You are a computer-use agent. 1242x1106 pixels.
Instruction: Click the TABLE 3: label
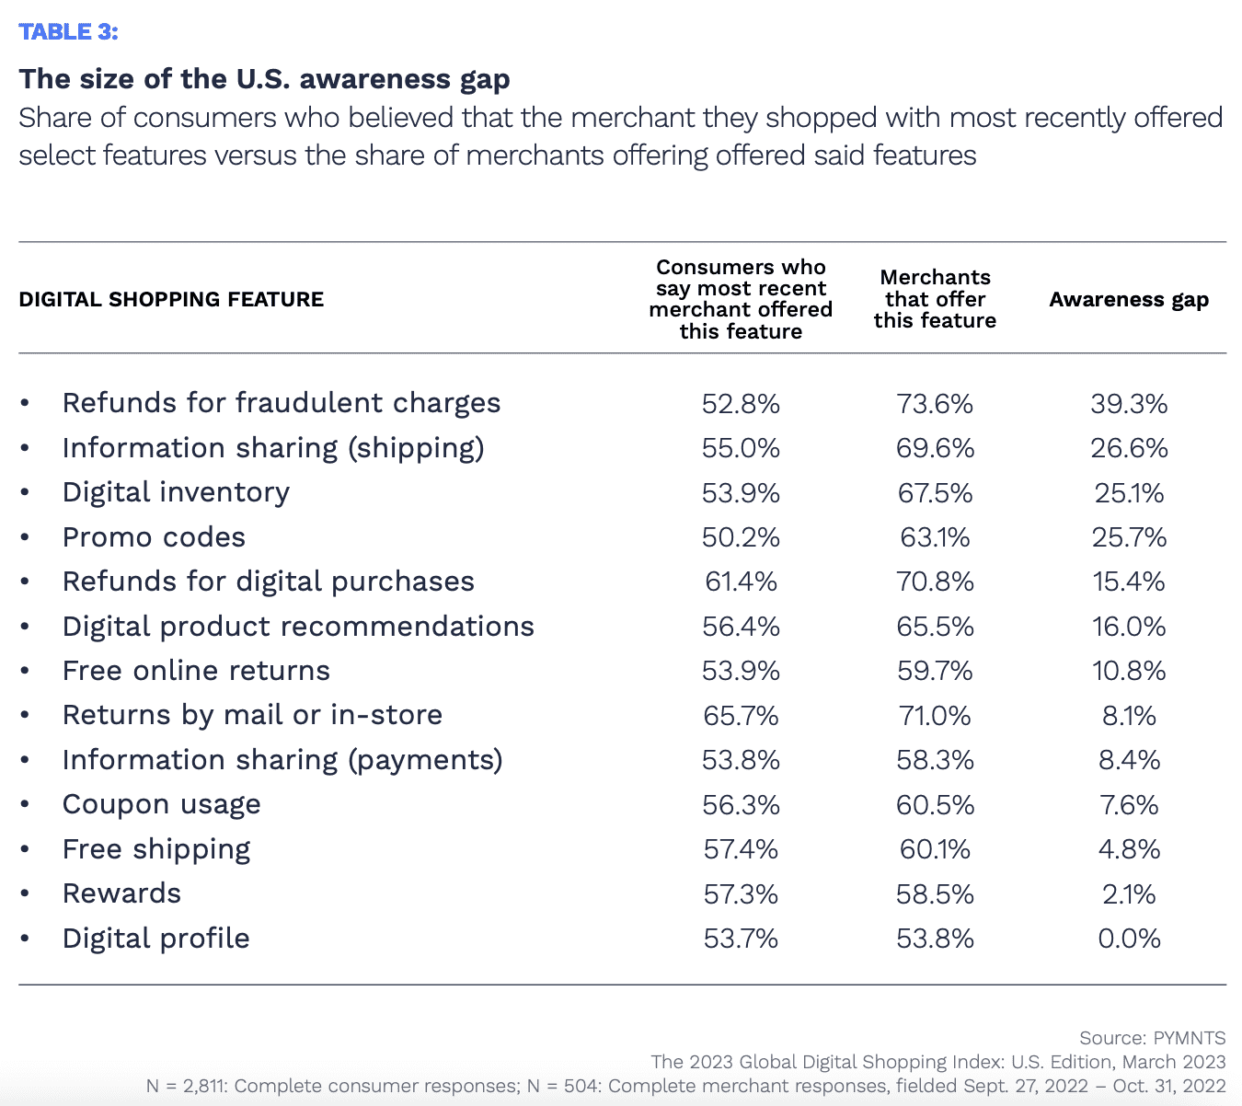[x=69, y=32]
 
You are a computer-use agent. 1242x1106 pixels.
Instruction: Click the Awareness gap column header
[x=1129, y=300]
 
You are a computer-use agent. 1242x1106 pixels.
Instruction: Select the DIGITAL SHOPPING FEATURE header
[x=171, y=300]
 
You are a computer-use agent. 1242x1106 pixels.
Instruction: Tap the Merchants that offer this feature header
[x=935, y=299]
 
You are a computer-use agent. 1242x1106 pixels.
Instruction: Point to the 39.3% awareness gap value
[x=1129, y=404]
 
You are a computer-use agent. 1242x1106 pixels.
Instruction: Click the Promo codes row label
[x=154, y=537]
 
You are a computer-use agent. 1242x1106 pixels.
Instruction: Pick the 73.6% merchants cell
[x=935, y=404]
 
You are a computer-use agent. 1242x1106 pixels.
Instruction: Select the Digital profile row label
[x=156, y=939]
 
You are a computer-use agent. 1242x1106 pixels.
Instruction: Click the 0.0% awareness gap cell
[x=1129, y=939]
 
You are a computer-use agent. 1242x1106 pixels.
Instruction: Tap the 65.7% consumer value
[x=741, y=716]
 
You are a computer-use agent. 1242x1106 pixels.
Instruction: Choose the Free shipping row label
[x=156, y=849]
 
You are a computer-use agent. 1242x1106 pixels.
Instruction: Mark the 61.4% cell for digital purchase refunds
[x=741, y=582]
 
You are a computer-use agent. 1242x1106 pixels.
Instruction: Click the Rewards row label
[x=121, y=893]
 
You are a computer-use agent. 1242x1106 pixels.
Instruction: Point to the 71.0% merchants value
[x=935, y=716]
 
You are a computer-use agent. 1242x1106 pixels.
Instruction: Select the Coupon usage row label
[x=162, y=805]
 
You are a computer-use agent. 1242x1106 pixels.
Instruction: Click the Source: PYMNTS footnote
[x=1152, y=1038]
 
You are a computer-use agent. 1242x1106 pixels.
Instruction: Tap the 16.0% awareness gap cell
[x=1129, y=627]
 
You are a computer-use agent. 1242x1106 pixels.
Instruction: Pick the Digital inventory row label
[x=176, y=493]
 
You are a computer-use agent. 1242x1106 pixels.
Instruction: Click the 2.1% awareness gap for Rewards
[x=1129, y=893]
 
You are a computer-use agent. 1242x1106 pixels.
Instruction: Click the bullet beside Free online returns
[x=25, y=672]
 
